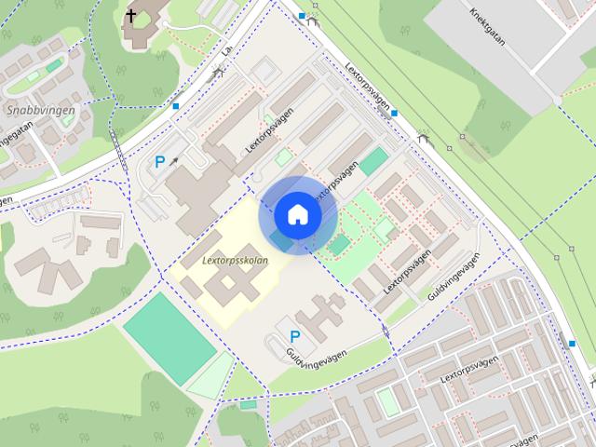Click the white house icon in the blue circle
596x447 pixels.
click(x=298, y=214)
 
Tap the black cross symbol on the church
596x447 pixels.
click(x=131, y=15)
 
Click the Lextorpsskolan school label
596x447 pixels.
click(x=235, y=261)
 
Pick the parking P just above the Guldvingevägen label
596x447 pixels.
click(x=295, y=336)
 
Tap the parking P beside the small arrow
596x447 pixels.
click(x=159, y=162)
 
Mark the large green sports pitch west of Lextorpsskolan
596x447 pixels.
click(x=169, y=337)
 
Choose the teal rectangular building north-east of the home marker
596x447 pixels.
click(x=373, y=161)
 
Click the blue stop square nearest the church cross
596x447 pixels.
click(x=176, y=106)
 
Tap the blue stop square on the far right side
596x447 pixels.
click(x=571, y=344)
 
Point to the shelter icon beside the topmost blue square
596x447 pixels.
click(x=316, y=19)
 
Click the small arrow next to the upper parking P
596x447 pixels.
click(x=173, y=160)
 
